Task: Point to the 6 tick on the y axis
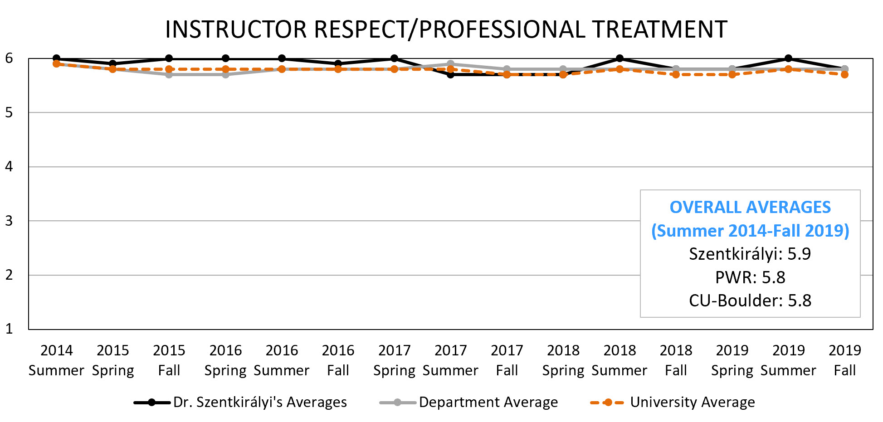click(x=9, y=58)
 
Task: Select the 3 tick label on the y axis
click(x=9, y=221)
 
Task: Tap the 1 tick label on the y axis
click(x=9, y=329)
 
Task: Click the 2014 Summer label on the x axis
click(x=56, y=360)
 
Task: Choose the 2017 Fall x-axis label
click(x=507, y=360)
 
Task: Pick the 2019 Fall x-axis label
click(x=844, y=360)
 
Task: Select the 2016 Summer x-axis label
click(x=282, y=360)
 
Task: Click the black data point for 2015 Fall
click(x=169, y=58)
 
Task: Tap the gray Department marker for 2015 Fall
click(x=169, y=74)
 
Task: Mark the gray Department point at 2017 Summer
click(x=450, y=64)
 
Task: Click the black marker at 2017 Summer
click(x=450, y=74)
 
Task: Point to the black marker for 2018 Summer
click(x=620, y=58)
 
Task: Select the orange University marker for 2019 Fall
click(x=844, y=74)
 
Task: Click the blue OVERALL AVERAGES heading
click(x=750, y=207)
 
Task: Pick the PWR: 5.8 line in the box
click(x=750, y=277)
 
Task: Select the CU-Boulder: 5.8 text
click(x=750, y=301)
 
